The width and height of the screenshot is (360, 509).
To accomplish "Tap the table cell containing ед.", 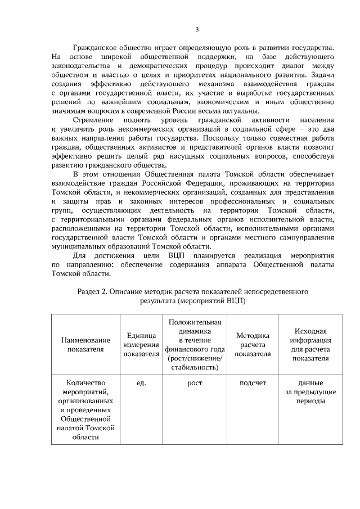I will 141,384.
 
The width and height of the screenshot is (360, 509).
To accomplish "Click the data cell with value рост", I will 195,384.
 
